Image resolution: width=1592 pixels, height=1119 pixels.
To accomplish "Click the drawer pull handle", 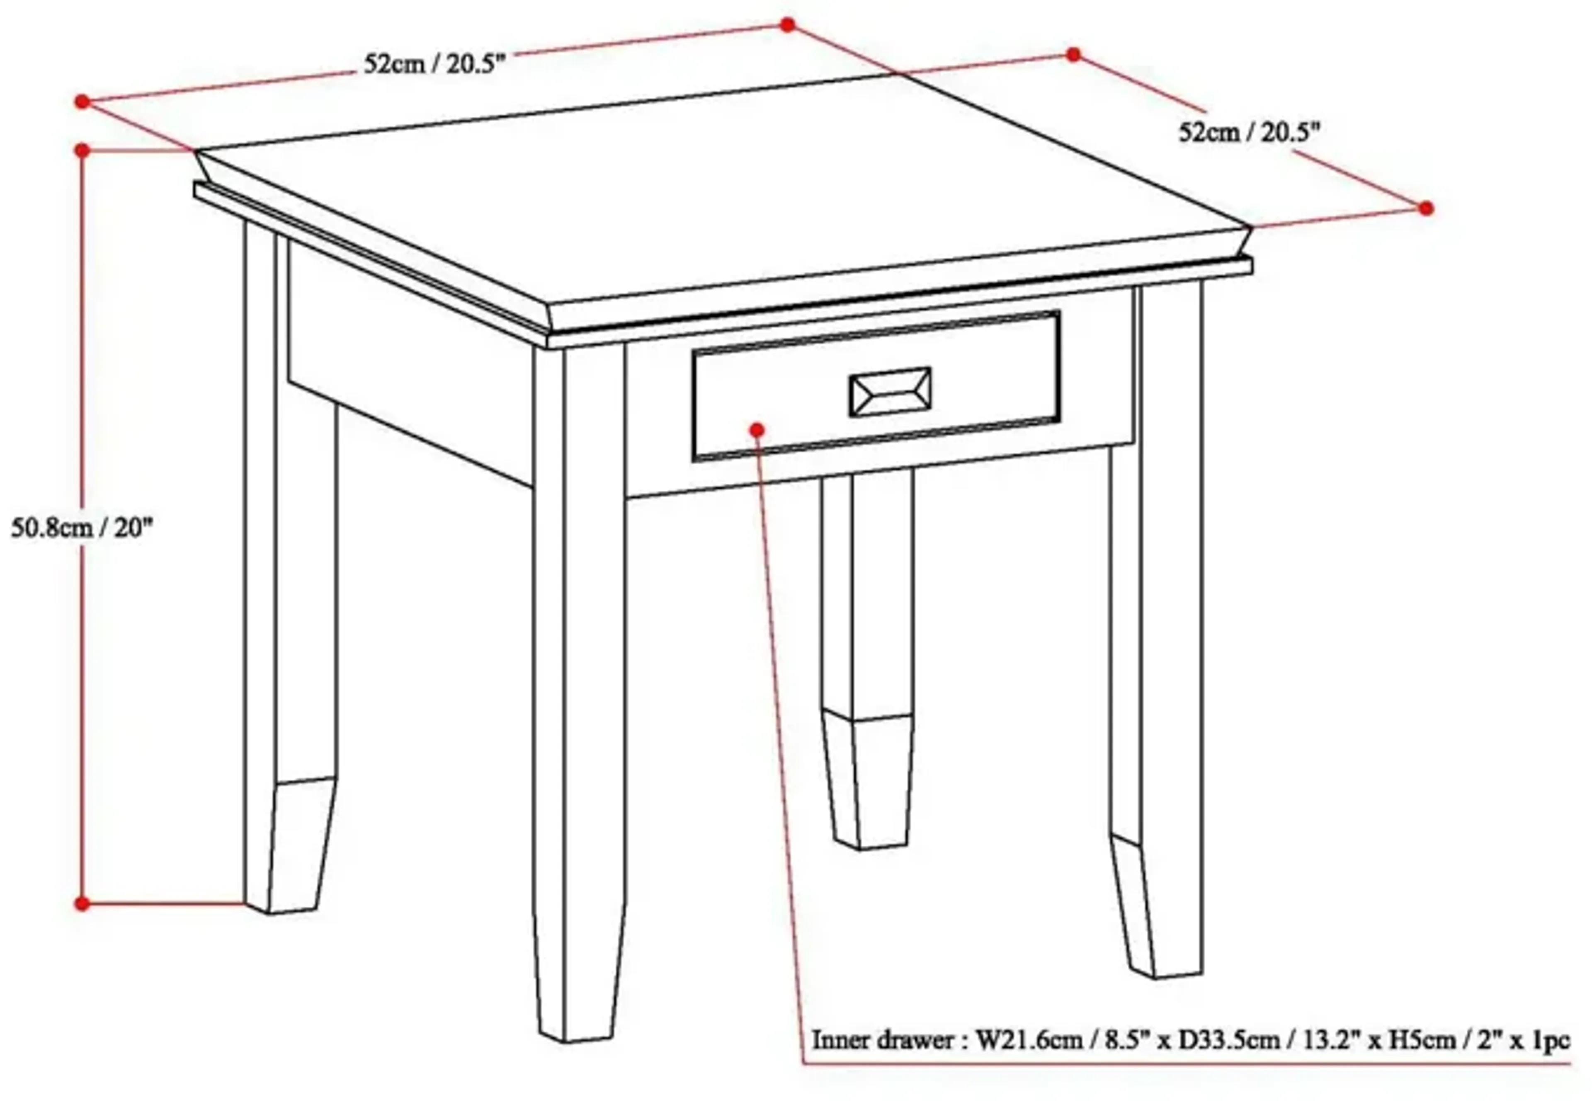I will click(x=890, y=392).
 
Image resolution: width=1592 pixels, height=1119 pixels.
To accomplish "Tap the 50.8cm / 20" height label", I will click(x=82, y=529).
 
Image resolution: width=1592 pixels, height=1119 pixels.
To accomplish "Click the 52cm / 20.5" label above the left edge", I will click(x=435, y=65).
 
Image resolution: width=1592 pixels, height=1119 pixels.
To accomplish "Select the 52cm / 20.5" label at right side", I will click(x=1250, y=132).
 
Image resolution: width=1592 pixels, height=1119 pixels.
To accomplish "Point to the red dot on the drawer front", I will click(x=757, y=430).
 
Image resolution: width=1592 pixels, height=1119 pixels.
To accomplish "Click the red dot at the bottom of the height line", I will click(x=82, y=903).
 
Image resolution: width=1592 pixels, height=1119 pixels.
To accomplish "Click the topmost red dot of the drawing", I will click(x=787, y=25).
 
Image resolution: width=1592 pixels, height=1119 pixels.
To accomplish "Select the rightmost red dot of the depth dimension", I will click(x=1426, y=208).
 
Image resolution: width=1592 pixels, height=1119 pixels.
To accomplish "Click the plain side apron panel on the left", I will click(x=409, y=361).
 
